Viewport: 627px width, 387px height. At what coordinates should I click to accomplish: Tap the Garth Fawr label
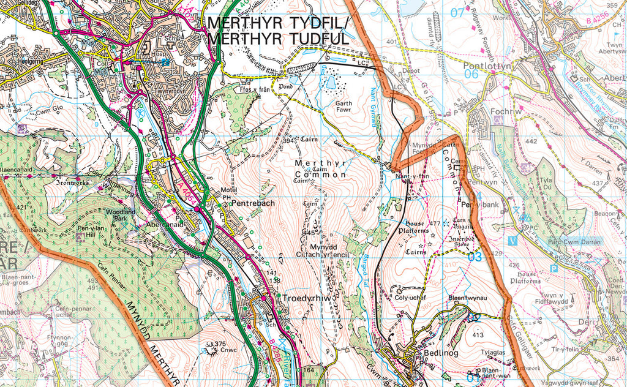pyautogui.click(x=344, y=108)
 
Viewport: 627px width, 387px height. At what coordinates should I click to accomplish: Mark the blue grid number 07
pyautogui.click(x=457, y=12)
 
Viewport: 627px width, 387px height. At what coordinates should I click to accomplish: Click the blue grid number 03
pyautogui.click(x=475, y=257)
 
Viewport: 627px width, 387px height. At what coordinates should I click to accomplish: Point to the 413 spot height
pyautogui.click(x=478, y=335)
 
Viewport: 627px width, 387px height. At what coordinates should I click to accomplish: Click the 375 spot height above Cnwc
pyautogui.click(x=220, y=344)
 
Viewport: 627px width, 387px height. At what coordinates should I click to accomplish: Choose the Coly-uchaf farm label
pyautogui.click(x=409, y=298)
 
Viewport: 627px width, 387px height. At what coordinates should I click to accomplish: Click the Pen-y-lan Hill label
pyautogui.click(x=90, y=230)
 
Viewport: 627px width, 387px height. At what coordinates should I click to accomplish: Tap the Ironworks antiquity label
pyautogui.click(x=72, y=182)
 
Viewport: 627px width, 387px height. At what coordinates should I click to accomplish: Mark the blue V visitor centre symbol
pyautogui.click(x=512, y=239)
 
